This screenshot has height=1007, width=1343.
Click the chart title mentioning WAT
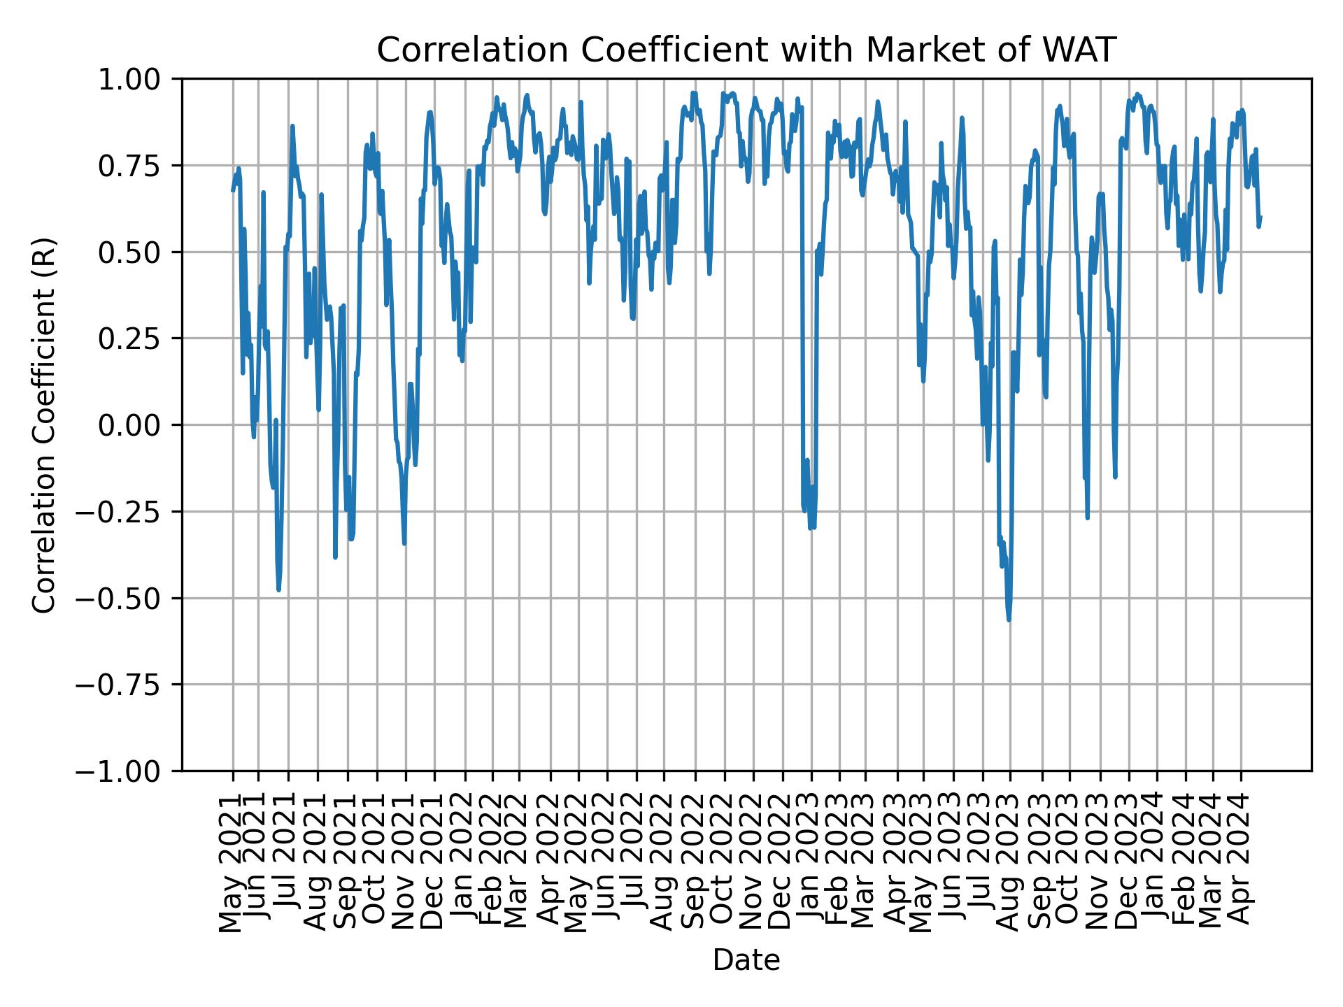[746, 50]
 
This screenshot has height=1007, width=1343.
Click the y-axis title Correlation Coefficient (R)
[43, 424]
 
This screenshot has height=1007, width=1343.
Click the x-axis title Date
[746, 960]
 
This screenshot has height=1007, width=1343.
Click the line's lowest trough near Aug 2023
[1009, 620]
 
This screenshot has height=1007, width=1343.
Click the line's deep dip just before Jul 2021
[278, 590]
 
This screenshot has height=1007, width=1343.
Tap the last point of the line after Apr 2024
[1260, 217]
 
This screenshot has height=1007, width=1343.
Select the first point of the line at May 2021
[233, 190]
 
